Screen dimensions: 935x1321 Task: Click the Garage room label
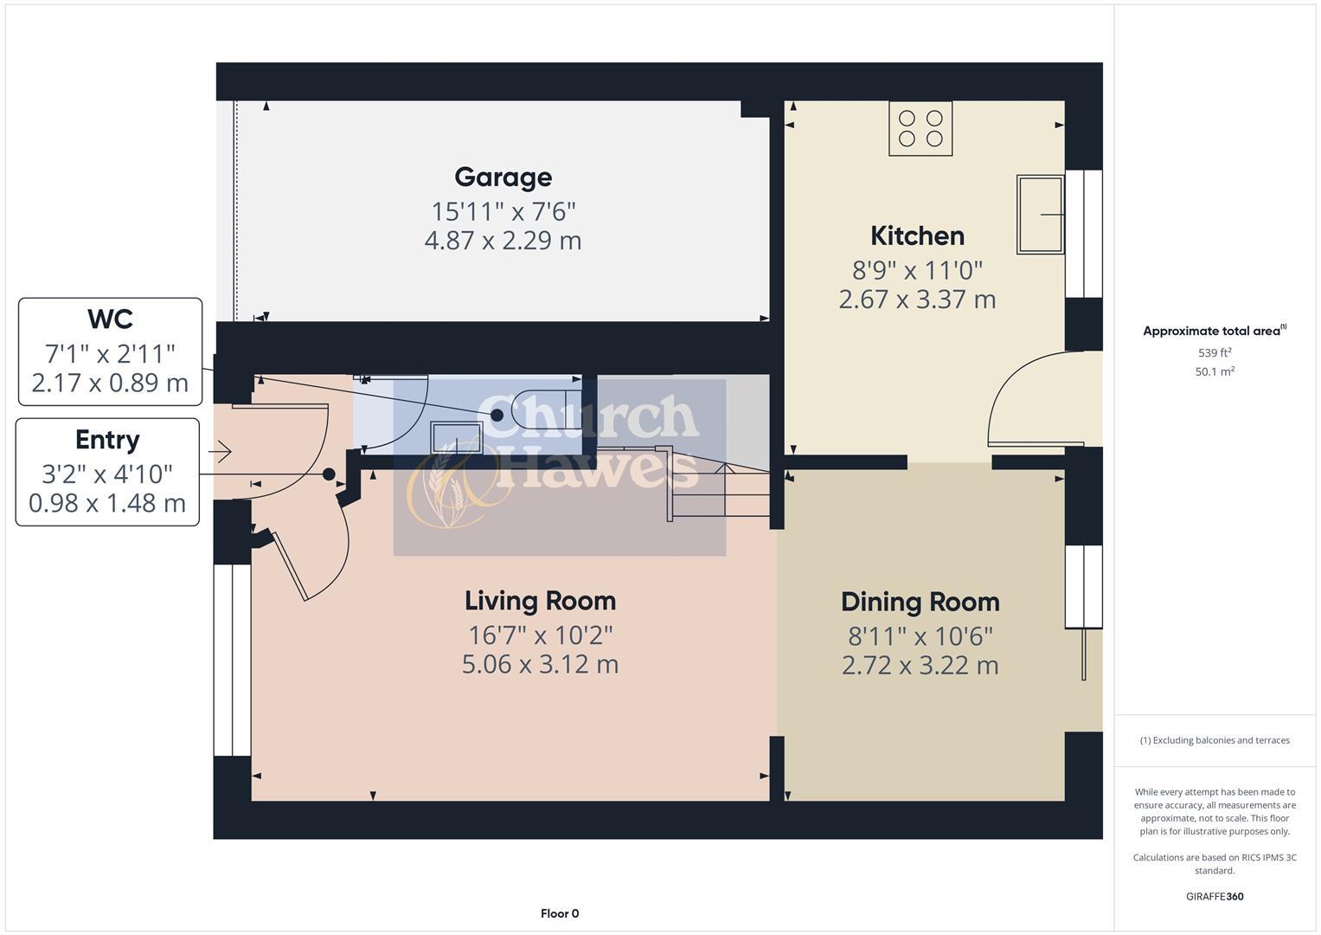click(x=503, y=177)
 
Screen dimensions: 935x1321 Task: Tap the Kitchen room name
click(x=917, y=235)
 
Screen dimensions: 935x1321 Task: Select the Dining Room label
click(x=920, y=602)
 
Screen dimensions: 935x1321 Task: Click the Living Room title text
click(x=540, y=601)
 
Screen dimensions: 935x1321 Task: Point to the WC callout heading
click(x=110, y=319)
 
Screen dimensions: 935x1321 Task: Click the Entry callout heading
click(x=107, y=440)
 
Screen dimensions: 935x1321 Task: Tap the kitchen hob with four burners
click(x=920, y=129)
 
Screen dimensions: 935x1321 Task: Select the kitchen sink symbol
click(x=1040, y=215)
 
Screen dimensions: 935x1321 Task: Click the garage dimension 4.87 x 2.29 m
click(x=503, y=241)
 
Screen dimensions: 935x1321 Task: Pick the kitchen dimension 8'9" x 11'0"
click(x=917, y=271)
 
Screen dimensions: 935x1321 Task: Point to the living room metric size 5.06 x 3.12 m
click(x=540, y=665)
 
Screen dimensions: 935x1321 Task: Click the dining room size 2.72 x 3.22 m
click(x=920, y=666)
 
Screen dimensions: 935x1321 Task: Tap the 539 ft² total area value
click(x=1215, y=353)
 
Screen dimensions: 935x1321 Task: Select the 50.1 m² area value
click(x=1215, y=371)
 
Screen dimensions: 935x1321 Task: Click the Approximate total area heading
click(x=1214, y=331)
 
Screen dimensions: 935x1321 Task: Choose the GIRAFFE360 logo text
click(x=1215, y=896)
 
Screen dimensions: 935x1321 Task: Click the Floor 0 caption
click(x=560, y=913)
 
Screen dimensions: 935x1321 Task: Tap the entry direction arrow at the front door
click(x=220, y=451)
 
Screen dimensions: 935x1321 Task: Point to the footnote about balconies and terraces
click(x=1215, y=740)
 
